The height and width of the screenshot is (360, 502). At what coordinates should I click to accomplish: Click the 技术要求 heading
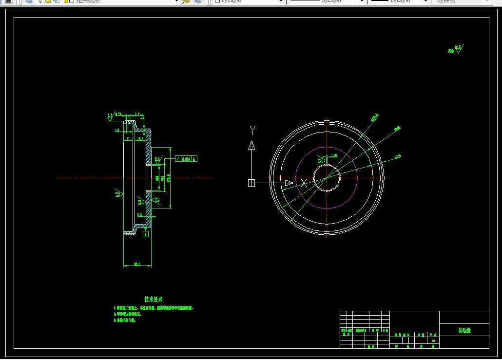pyautogui.click(x=154, y=299)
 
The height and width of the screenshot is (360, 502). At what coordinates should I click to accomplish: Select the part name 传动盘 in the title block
pyautogui.click(x=464, y=330)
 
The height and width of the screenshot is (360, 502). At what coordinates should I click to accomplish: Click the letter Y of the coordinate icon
pyautogui.click(x=252, y=130)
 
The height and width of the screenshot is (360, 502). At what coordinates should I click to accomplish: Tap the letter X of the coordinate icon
pyautogui.click(x=304, y=183)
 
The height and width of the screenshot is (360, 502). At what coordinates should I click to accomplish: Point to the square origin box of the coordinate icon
pyautogui.click(x=251, y=183)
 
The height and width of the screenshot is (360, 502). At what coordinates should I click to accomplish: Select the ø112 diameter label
pyautogui.click(x=397, y=157)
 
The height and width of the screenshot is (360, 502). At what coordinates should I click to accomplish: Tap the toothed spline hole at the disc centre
pyautogui.click(x=327, y=178)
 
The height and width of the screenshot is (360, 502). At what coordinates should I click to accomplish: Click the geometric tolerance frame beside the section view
pyautogui.click(x=186, y=158)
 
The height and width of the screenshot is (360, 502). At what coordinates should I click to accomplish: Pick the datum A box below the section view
pyautogui.click(x=145, y=234)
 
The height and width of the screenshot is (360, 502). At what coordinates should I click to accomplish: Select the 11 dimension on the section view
pyautogui.click(x=128, y=139)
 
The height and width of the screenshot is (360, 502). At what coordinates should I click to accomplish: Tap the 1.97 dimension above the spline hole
pyautogui.click(x=334, y=155)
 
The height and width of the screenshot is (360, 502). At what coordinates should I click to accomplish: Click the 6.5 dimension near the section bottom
pyautogui.click(x=139, y=214)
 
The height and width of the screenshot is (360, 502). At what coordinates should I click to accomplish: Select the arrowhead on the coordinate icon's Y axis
pyautogui.click(x=251, y=146)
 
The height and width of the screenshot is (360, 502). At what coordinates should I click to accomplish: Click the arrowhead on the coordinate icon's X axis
pyautogui.click(x=289, y=183)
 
